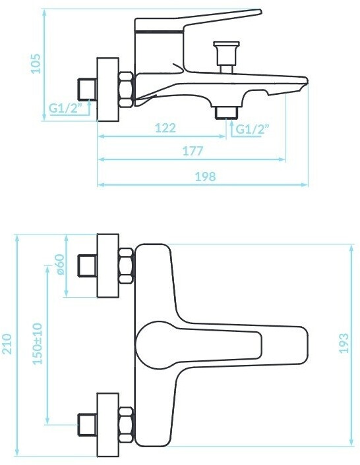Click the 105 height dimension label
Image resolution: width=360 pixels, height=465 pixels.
click(36, 63)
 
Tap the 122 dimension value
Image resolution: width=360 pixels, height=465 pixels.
click(165, 128)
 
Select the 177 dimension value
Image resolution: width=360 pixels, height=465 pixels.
click(193, 151)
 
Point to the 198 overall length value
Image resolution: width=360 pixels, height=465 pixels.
click(205, 177)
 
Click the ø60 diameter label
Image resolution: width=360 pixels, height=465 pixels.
click(59, 265)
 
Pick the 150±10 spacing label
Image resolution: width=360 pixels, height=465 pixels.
click(38, 344)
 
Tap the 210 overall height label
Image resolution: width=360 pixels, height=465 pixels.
click(7, 344)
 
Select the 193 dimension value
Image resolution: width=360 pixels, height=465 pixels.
click(344, 343)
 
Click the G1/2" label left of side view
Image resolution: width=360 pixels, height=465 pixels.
click(65, 108)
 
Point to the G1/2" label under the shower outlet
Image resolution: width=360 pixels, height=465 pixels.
click(252, 129)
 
